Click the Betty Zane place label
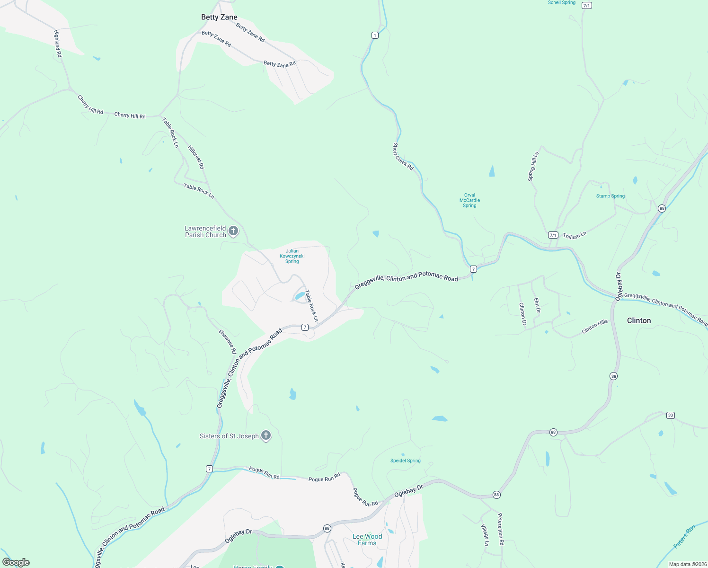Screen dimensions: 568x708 click(x=219, y=18)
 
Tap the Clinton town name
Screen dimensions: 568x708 click(x=638, y=320)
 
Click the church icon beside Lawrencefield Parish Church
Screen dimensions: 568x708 click(x=233, y=231)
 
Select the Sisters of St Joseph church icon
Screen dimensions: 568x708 click(x=266, y=435)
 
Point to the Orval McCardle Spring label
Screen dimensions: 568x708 click(x=469, y=200)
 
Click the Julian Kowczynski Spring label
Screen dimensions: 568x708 click(x=292, y=256)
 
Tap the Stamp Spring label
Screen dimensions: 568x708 click(x=610, y=196)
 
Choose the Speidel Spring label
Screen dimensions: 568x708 click(x=405, y=461)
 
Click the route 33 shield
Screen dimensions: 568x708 click(x=670, y=415)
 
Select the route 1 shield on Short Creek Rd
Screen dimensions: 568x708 click(x=375, y=35)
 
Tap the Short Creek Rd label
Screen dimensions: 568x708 click(x=403, y=157)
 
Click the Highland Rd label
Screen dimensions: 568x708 click(x=58, y=44)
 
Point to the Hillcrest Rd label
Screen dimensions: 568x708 click(x=196, y=157)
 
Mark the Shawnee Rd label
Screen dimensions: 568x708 click(x=227, y=341)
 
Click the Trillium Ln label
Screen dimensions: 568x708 click(x=575, y=235)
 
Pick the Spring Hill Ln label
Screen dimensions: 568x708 click(x=533, y=166)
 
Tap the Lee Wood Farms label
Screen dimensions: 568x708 click(x=367, y=540)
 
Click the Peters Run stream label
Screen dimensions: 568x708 click(x=684, y=536)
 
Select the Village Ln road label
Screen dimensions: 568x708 click(x=485, y=535)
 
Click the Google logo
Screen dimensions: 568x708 click(x=16, y=562)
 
